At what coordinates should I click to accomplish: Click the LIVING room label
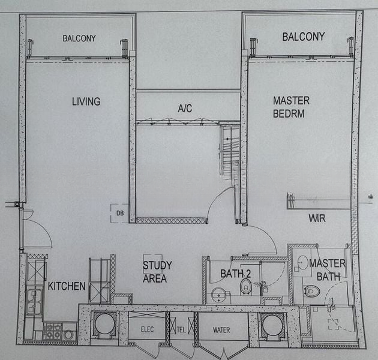click(86, 101)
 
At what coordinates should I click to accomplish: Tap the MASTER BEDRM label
click(291, 107)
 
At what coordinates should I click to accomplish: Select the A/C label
click(185, 108)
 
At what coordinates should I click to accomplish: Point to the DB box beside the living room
click(119, 213)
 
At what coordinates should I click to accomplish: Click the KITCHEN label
click(67, 286)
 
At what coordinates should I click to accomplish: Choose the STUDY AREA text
click(157, 272)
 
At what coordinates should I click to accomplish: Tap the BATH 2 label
click(236, 274)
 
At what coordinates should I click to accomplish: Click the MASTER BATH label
click(328, 270)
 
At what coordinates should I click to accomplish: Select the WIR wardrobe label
click(317, 218)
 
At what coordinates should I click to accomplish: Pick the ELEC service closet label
click(147, 329)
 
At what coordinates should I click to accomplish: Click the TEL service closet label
click(181, 329)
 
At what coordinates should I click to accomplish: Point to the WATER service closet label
click(221, 330)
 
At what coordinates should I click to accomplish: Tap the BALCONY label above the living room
click(79, 38)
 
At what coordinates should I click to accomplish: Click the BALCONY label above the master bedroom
click(304, 37)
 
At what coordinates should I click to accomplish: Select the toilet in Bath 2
click(245, 286)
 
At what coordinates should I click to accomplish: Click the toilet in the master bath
click(312, 291)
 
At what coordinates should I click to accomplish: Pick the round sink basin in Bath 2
click(218, 295)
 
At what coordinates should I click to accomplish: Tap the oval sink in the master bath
click(302, 262)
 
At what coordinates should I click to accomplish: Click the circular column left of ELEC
click(104, 324)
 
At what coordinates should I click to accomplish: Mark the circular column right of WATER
click(272, 325)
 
